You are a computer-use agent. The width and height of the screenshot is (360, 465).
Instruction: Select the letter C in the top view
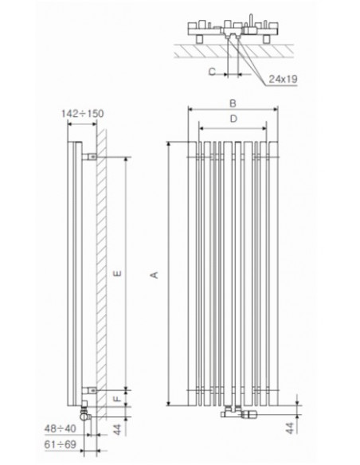point(212,71)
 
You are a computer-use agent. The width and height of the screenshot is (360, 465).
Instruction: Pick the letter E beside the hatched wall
point(119,274)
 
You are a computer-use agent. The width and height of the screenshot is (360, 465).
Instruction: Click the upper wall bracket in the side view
point(92,158)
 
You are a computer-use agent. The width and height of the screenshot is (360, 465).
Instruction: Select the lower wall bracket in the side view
point(92,391)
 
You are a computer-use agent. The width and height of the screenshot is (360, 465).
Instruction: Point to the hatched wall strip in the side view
point(101,271)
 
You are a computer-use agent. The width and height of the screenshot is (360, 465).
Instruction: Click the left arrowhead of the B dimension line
point(190,109)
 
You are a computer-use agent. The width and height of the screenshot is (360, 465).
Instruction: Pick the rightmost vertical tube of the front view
point(273,271)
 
